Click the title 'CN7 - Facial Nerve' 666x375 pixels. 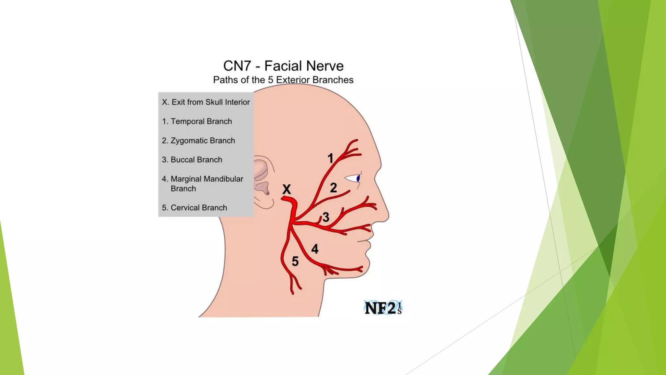coord(283,66)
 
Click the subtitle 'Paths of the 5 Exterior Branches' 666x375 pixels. coord(283,80)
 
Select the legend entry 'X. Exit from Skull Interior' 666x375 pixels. coord(206,102)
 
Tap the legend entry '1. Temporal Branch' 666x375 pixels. coord(197,121)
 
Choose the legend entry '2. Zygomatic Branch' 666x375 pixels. coord(198,140)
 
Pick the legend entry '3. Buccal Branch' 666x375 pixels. coord(192,160)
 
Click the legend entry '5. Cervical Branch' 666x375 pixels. coord(194,207)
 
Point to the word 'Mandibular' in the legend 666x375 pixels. coord(223,179)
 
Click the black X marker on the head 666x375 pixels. coord(286,189)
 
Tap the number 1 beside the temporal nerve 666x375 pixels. coord(330,159)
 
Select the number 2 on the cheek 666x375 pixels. coord(333,188)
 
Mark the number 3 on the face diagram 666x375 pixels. coord(326,217)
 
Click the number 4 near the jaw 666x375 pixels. coord(315,249)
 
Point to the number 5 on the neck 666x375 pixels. coord(295,261)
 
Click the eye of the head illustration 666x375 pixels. coord(354,178)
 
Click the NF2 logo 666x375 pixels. coord(383,308)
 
